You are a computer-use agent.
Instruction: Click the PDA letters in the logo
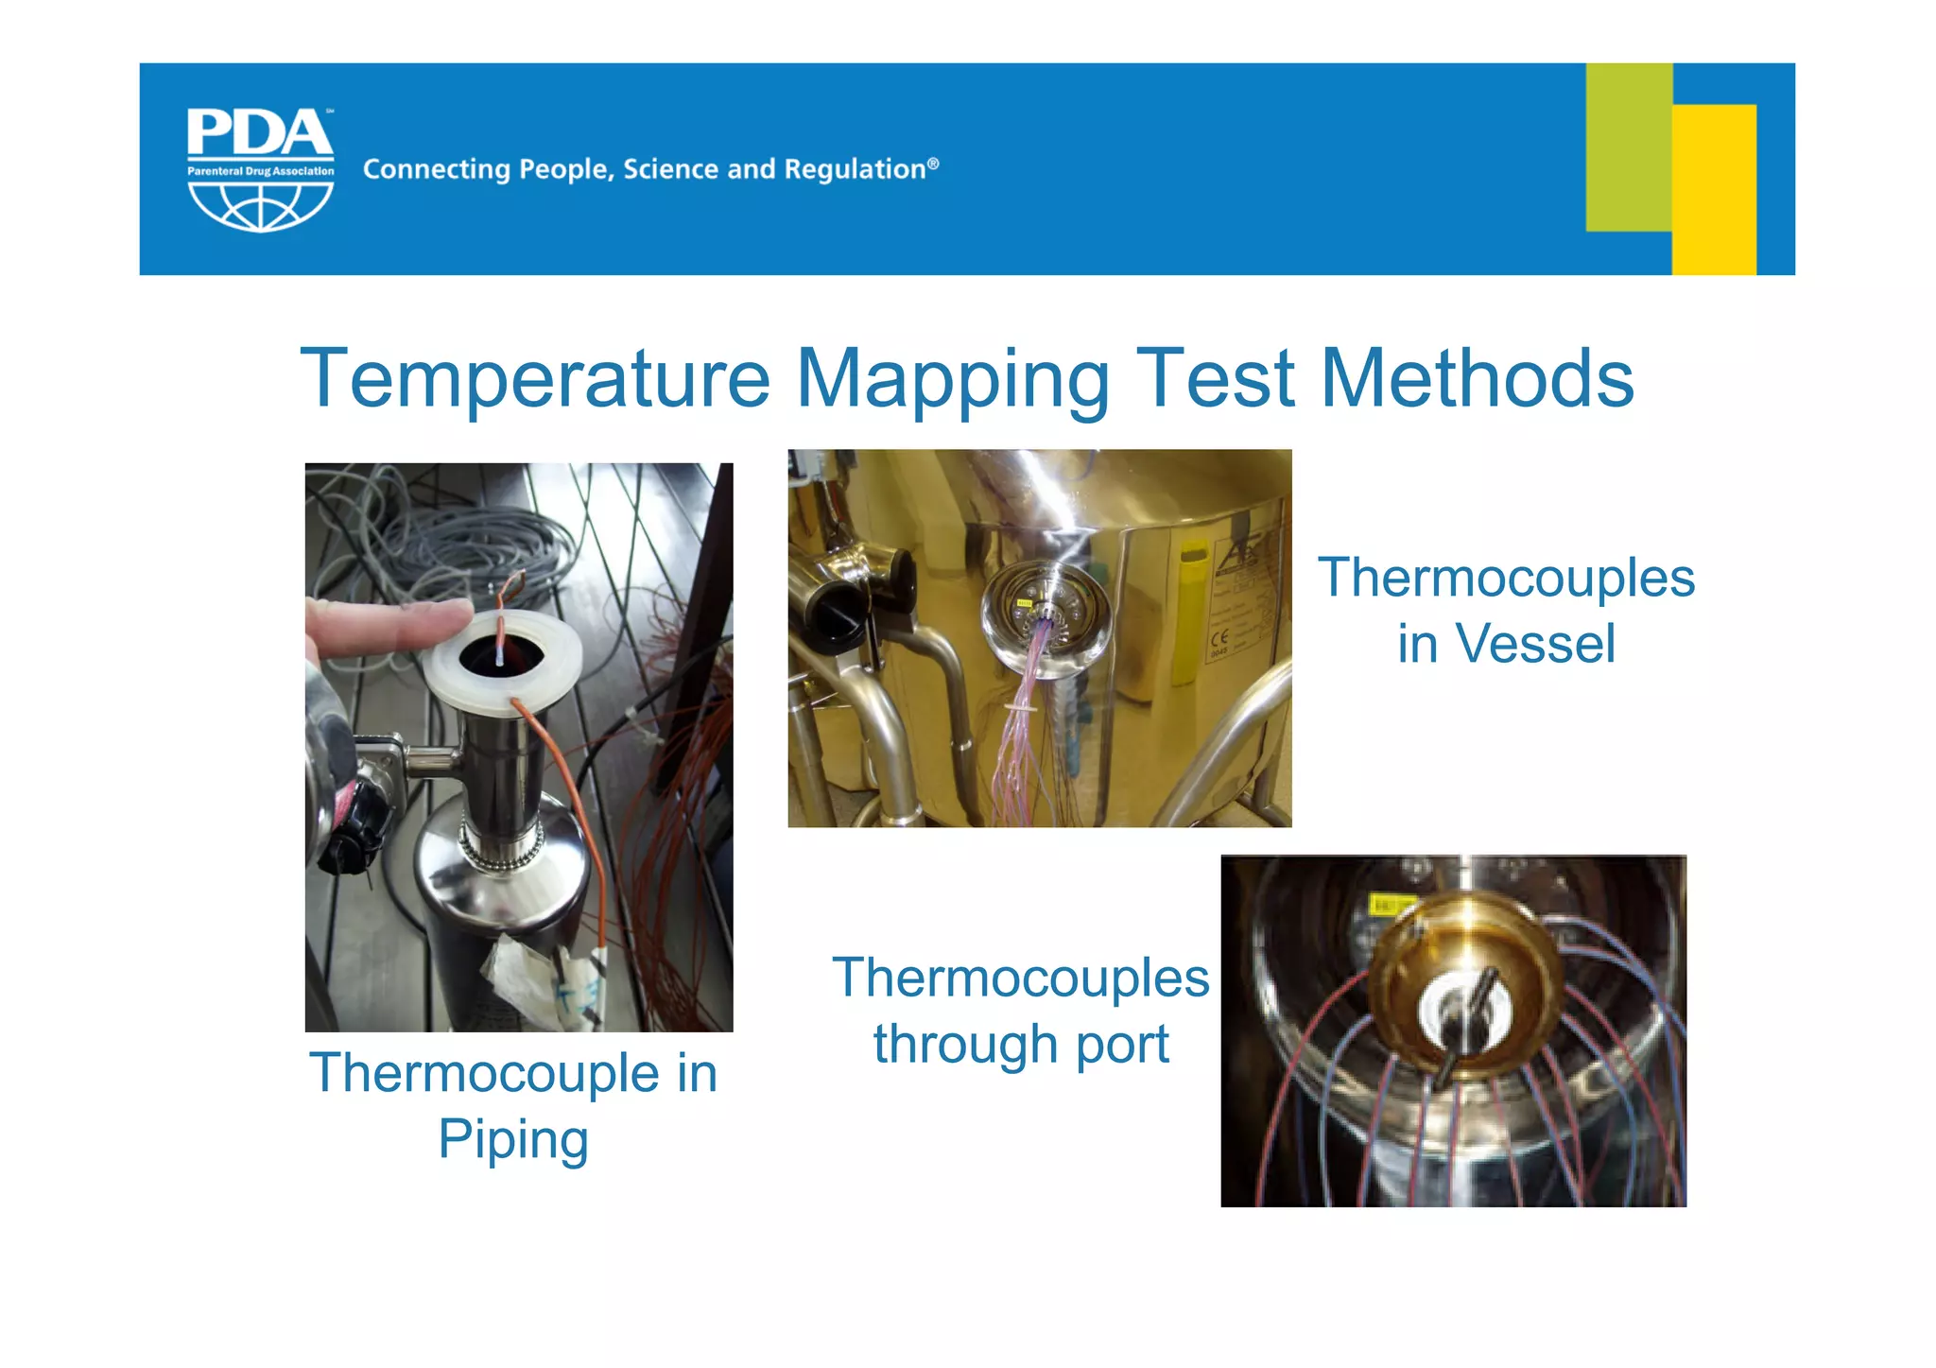coord(260,133)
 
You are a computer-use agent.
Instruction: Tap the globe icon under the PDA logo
coord(260,205)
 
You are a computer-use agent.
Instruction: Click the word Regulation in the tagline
coord(855,169)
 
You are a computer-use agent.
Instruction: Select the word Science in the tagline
coord(670,169)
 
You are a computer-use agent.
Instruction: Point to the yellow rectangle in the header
coord(1714,189)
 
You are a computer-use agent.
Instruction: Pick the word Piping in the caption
coord(513,1140)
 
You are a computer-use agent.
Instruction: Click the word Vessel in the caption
coord(1535,645)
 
